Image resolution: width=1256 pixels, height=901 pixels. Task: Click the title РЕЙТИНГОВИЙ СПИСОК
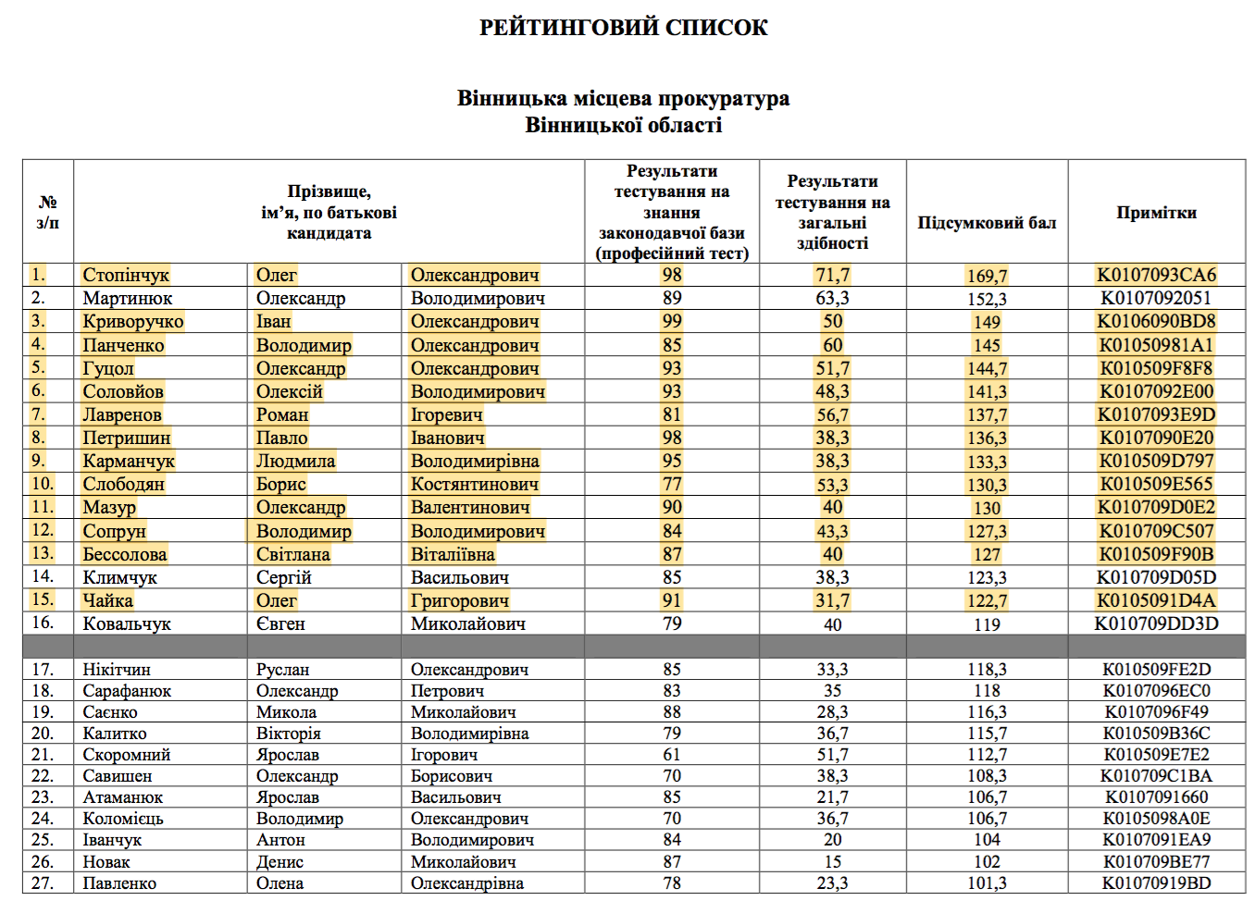tap(623, 28)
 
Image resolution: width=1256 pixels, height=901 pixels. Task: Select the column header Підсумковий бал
tap(987, 223)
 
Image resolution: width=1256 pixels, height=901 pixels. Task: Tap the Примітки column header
tap(1156, 213)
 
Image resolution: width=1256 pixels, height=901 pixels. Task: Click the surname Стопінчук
tap(126, 275)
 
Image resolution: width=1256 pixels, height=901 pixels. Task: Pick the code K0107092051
tap(1156, 298)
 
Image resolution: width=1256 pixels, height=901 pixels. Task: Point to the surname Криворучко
tap(133, 321)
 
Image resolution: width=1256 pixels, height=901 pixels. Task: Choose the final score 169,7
tap(987, 276)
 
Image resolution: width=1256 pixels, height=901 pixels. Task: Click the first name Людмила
tap(295, 461)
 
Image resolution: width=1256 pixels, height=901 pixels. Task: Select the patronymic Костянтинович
tap(475, 484)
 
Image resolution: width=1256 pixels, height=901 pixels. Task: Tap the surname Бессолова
tap(125, 554)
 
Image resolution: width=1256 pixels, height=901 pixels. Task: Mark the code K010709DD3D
tap(1156, 623)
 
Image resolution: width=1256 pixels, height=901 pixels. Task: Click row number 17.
tap(43, 669)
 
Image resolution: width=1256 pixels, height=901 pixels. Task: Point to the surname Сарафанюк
tap(127, 691)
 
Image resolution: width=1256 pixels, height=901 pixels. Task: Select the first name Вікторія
tap(289, 734)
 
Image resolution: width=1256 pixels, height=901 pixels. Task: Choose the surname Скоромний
tap(127, 755)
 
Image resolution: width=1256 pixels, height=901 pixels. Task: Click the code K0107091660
tap(1156, 797)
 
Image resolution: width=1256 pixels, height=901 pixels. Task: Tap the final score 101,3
tap(987, 883)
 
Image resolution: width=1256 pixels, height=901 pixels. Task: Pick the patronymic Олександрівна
tap(467, 883)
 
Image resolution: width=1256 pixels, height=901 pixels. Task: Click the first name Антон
tap(280, 840)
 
